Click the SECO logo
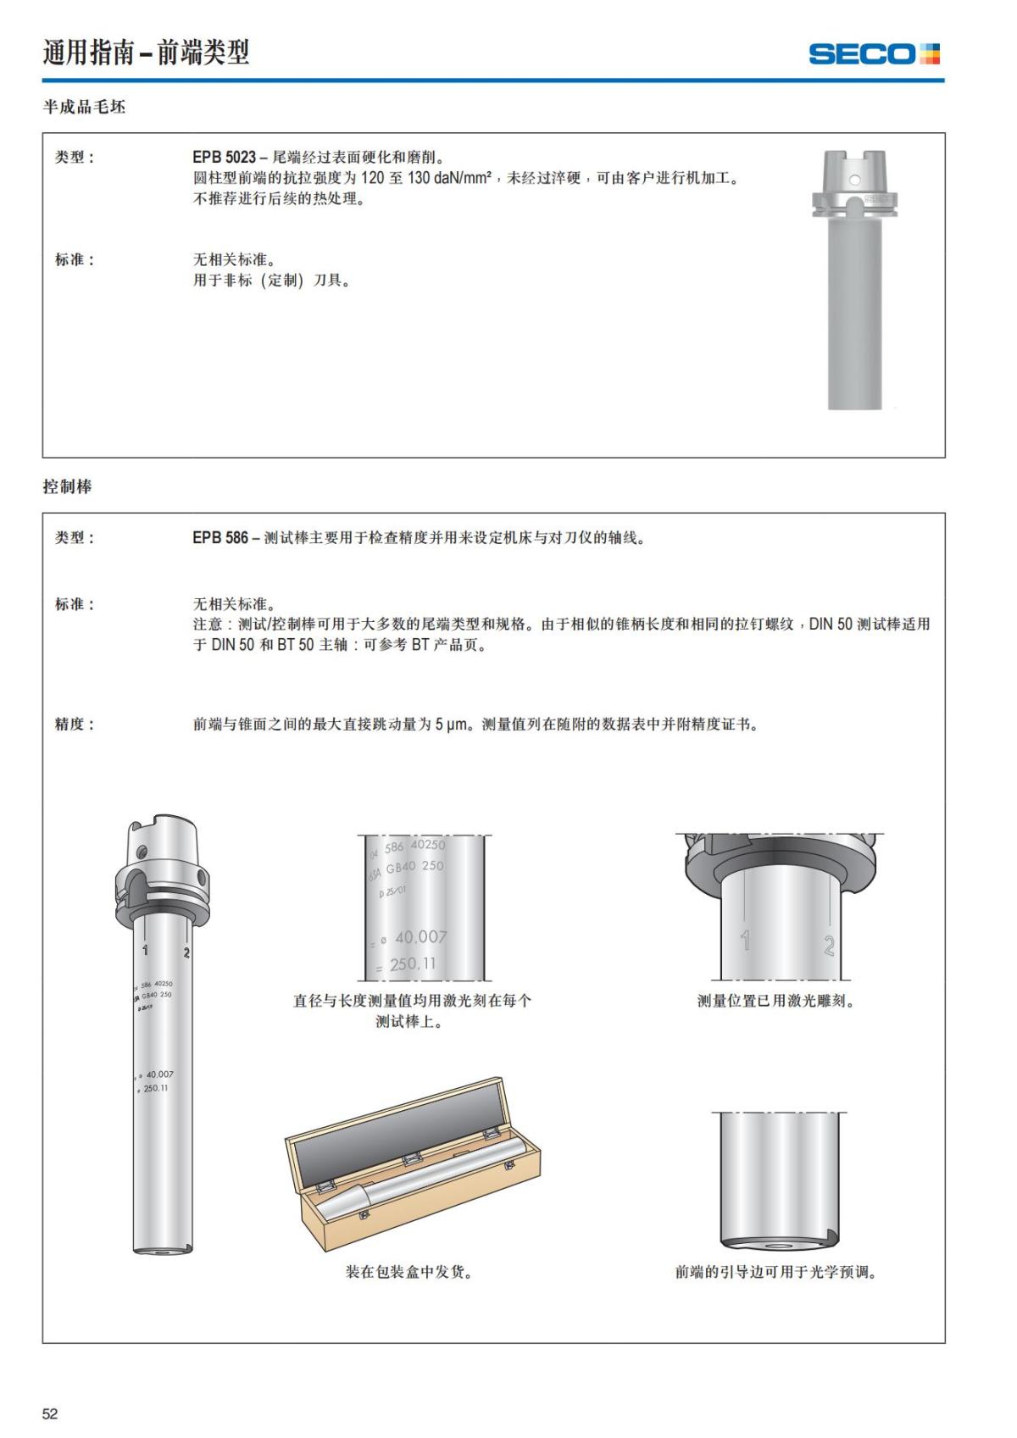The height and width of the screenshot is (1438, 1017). coord(874,54)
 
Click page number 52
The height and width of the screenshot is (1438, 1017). coord(50,1413)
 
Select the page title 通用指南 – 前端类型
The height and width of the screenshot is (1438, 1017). coord(146,53)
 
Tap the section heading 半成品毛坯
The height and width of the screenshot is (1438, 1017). coord(84,107)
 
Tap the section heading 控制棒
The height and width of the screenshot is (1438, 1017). coord(67,486)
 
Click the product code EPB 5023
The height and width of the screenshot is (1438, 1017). coord(224,157)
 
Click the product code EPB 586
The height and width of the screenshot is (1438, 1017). coord(220,537)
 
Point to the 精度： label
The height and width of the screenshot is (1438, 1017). coord(75,724)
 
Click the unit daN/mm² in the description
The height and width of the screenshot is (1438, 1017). coord(463,178)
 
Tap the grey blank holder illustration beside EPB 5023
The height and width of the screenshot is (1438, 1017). coord(853,280)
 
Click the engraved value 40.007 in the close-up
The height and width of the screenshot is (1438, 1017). coord(420,936)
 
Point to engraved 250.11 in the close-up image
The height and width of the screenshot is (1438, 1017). coord(413,963)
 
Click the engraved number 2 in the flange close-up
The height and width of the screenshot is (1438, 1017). coord(829,945)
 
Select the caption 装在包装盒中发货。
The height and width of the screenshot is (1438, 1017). coord(408,1271)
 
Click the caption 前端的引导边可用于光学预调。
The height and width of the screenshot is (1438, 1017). coord(775,1271)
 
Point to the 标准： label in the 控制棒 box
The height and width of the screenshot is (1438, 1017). coord(75,604)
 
